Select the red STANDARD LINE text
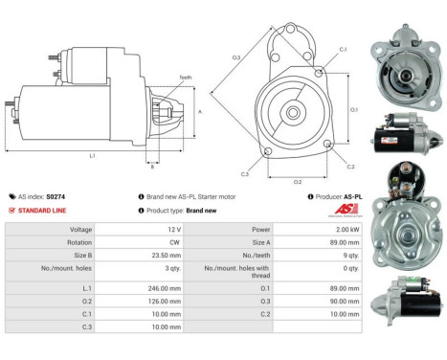coord(47,210)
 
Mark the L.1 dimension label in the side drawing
coord(91,154)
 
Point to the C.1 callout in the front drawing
coord(342,48)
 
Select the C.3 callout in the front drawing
coord(245,174)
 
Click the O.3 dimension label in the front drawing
coord(235,57)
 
